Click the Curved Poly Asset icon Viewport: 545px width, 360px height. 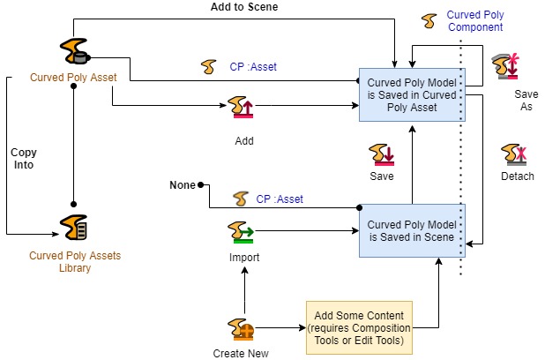(x=75, y=51)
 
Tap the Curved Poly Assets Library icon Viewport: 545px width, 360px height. (x=73, y=227)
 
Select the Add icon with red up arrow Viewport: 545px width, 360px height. (x=241, y=107)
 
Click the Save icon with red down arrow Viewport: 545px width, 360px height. (x=381, y=154)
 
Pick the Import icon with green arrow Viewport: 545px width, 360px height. (x=241, y=232)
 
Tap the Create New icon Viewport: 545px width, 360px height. (x=241, y=329)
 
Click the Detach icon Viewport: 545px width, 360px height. (x=514, y=154)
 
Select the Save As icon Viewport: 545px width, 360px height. (x=505, y=66)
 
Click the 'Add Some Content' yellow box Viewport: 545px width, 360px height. (x=359, y=327)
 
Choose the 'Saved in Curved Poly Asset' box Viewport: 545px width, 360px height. (x=412, y=95)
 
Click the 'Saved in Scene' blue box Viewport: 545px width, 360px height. (x=412, y=230)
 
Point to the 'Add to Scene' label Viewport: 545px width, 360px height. (x=244, y=6)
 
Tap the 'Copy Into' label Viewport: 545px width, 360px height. (x=23, y=158)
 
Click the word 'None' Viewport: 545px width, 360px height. (x=183, y=185)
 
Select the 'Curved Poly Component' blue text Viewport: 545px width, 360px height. (x=475, y=21)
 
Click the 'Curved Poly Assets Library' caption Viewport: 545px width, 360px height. (x=75, y=261)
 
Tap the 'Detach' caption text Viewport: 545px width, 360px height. (x=517, y=176)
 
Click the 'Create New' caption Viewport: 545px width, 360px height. (x=241, y=354)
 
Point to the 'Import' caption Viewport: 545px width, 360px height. (x=244, y=258)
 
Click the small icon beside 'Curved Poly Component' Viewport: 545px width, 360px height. (x=429, y=21)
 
